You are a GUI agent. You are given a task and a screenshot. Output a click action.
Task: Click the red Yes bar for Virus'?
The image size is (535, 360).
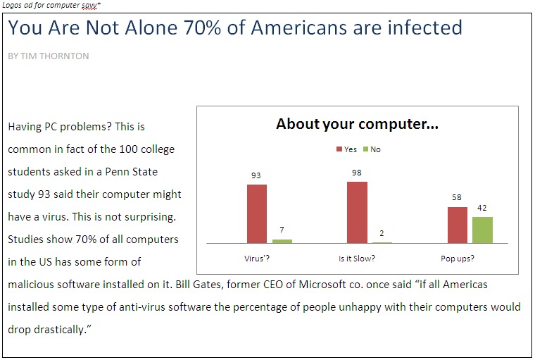[256, 213]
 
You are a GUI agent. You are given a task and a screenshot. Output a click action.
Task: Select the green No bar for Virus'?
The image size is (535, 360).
[282, 241]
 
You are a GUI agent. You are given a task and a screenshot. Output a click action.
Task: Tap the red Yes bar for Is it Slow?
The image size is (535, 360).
[357, 212]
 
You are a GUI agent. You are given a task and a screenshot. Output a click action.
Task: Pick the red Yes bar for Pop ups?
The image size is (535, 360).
[458, 225]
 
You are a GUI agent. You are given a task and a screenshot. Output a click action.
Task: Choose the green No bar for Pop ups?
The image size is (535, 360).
[482, 230]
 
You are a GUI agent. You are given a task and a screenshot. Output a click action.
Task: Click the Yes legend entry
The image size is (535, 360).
[346, 149]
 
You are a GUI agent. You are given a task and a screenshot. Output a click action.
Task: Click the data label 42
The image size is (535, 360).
[482, 208]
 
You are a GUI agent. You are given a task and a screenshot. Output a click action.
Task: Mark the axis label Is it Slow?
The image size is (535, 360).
[357, 259]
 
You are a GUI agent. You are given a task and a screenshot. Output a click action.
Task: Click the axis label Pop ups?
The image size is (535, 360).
[458, 259]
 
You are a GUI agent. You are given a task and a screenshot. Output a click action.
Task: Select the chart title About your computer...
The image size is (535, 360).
[357, 125]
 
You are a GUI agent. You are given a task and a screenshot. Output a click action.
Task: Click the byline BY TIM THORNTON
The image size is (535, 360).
[49, 56]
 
